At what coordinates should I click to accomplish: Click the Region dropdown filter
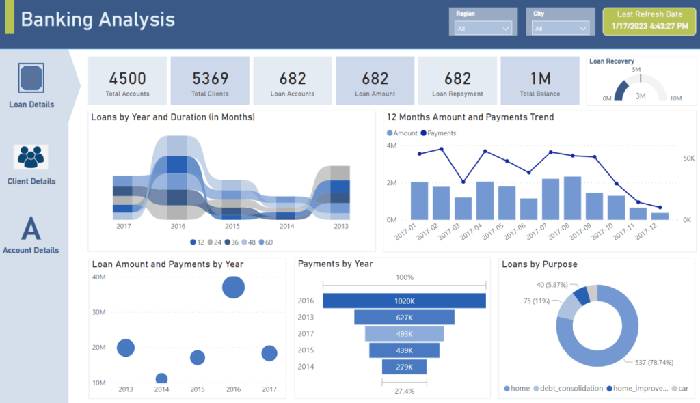pyautogui.click(x=483, y=28)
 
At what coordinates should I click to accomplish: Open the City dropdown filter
pyautogui.click(x=561, y=28)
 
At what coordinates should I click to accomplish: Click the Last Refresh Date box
pyautogui.click(x=649, y=20)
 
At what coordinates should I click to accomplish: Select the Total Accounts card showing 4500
pyautogui.click(x=127, y=81)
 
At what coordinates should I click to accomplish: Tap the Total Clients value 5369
pyautogui.click(x=210, y=79)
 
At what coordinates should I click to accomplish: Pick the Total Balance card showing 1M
pyautogui.click(x=539, y=81)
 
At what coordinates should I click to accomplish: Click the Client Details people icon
pyautogui.click(x=31, y=157)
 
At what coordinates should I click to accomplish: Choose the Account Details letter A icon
pyautogui.click(x=31, y=228)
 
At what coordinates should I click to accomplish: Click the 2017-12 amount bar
pyautogui.click(x=660, y=216)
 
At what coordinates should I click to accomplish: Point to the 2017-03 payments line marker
pyautogui.click(x=463, y=182)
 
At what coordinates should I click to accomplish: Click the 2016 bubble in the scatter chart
pyautogui.click(x=234, y=287)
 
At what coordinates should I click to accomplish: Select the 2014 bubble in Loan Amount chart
pyautogui.click(x=162, y=378)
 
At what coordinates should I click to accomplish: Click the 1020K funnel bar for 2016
pyautogui.click(x=404, y=301)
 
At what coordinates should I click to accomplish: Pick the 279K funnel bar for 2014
pyautogui.click(x=404, y=367)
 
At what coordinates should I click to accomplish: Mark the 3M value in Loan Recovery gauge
pyautogui.click(x=641, y=96)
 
